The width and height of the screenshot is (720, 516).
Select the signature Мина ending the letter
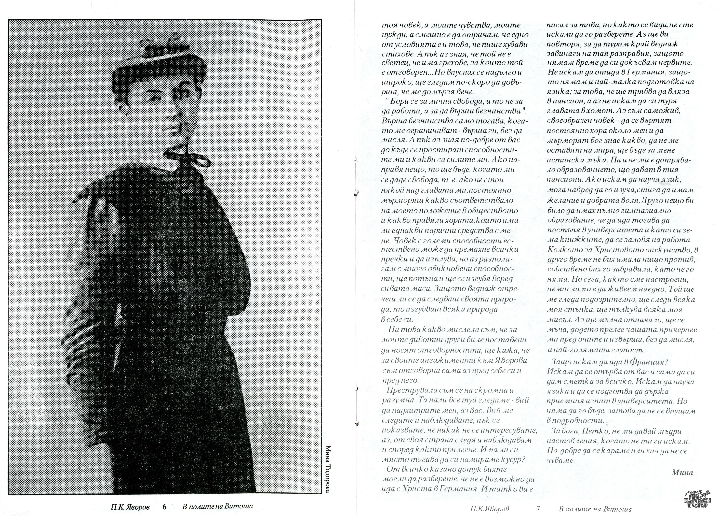click(x=682, y=473)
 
